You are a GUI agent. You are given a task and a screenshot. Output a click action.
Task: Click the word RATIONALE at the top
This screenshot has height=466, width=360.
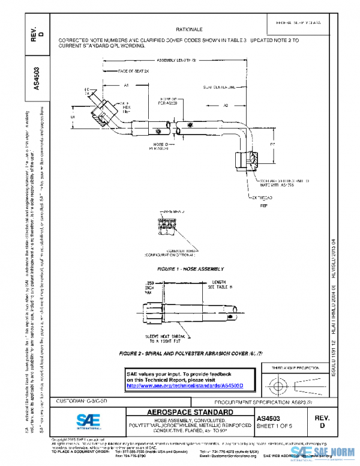(188, 29)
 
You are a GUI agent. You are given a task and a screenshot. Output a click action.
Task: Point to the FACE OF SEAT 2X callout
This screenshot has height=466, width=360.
(133, 71)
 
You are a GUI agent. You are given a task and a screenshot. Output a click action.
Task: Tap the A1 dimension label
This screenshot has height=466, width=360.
(127, 86)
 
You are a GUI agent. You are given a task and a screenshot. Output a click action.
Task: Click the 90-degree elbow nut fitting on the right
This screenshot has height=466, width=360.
(248, 159)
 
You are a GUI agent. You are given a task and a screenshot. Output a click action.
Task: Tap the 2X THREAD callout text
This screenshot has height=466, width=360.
(263, 197)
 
